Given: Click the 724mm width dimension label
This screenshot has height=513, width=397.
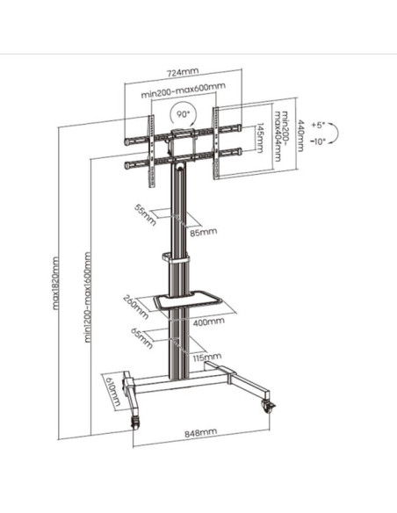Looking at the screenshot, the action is (183, 73).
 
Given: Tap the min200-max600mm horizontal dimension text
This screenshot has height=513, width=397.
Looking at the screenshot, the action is (184, 90).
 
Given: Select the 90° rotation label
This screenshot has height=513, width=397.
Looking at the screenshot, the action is (184, 114).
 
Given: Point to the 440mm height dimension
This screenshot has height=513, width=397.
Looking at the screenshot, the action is (300, 136).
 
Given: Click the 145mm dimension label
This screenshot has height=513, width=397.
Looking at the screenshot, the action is (260, 138).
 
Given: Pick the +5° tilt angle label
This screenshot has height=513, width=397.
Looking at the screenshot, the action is (318, 125).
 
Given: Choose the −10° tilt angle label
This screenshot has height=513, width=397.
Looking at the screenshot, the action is (318, 141).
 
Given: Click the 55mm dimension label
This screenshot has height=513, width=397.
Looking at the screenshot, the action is (146, 214).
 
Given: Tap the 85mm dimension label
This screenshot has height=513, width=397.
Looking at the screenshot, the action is (204, 232).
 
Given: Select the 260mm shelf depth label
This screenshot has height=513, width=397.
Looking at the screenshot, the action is (136, 307).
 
